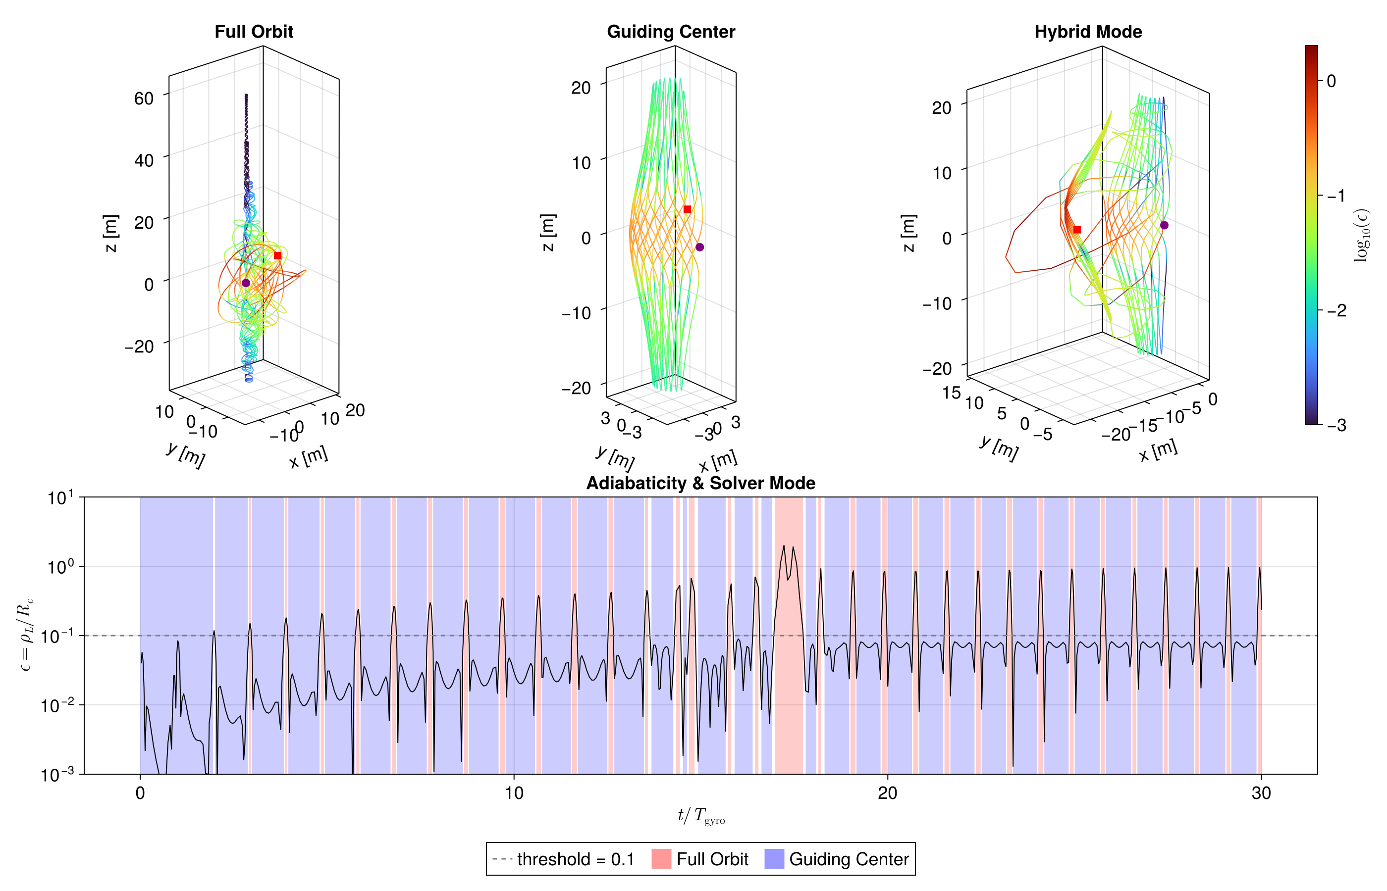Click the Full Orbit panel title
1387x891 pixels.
tap(254, 32)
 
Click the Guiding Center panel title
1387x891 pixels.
tap(670, 32)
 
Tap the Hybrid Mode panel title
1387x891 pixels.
tap(1088, 32)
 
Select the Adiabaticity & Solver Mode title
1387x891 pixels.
tap(700, 483)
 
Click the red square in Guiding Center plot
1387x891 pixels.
tap(687, 209)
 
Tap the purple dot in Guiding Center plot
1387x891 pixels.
tap(699, 247)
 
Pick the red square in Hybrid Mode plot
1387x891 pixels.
tap(1077, 230)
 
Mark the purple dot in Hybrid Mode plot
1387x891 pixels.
tap(1164, 225)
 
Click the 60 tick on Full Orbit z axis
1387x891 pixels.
tap(144, 99)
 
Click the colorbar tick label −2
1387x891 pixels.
tap(1336, 311)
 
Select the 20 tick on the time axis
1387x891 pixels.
tap(887, 793)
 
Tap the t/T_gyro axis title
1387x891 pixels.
tap(700, 816)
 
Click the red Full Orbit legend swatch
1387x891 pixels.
tap(661, 859)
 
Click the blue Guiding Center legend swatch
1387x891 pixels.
tap(774, 859)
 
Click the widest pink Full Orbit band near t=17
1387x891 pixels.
tap(789, 694)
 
